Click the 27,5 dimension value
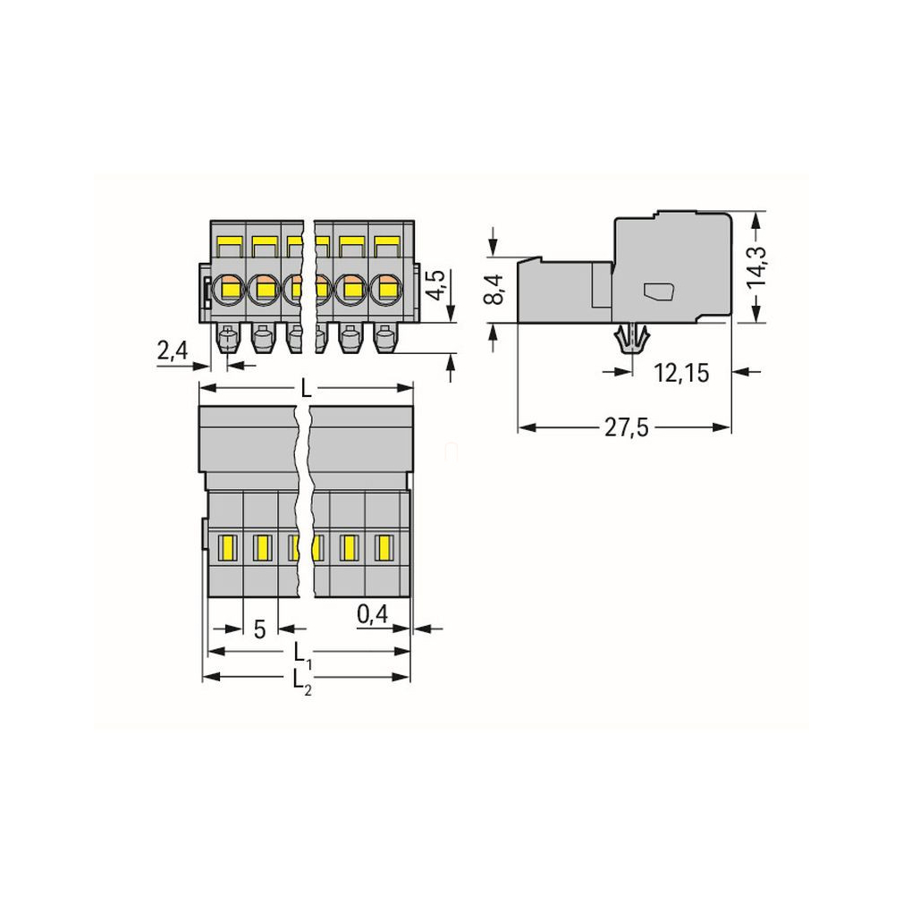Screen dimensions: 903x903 627,428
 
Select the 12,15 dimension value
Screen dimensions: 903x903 681,373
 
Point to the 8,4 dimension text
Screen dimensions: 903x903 494,290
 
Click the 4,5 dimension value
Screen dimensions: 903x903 436,284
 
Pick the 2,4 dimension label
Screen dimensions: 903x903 173,350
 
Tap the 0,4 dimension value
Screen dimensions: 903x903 373,615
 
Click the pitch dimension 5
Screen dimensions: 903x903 260,629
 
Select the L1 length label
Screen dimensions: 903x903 303,655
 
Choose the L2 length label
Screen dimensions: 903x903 303,682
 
